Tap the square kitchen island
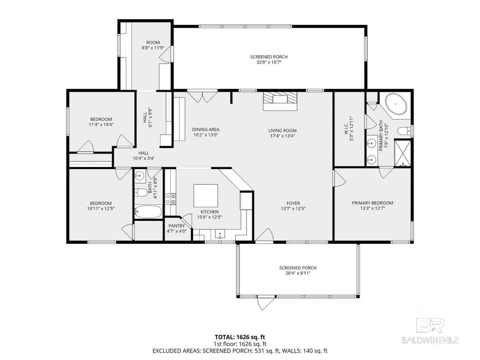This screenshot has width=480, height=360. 205,196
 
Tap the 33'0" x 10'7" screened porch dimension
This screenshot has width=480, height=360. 266,62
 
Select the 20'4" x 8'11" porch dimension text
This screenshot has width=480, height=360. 294,273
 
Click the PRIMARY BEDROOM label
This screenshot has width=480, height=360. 372,203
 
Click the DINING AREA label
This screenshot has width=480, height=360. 205,130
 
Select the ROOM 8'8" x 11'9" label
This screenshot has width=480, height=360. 153,45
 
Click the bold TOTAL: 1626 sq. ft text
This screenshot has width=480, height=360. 239,337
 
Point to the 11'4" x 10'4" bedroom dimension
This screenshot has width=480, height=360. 101,124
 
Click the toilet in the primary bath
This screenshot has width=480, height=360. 405,130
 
